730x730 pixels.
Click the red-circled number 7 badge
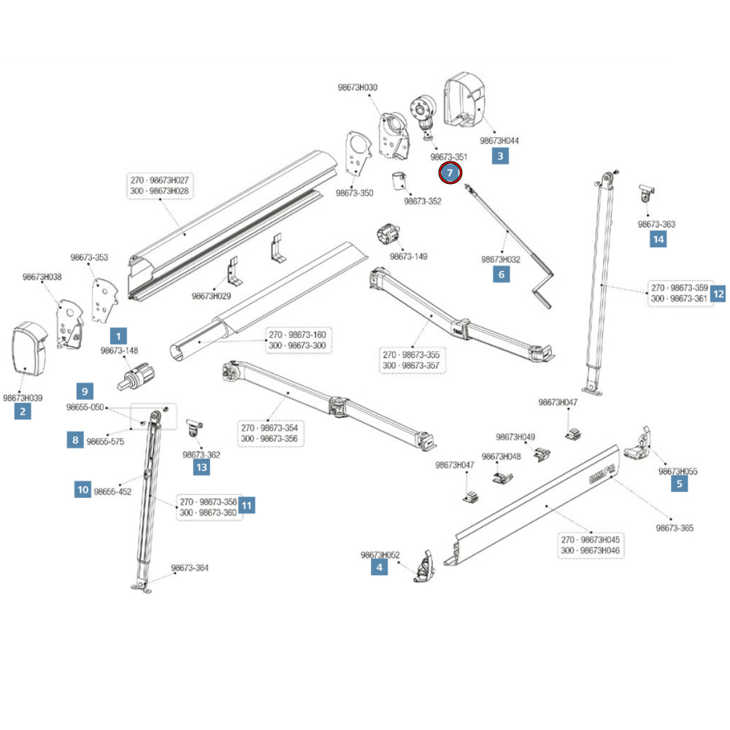[450, 173]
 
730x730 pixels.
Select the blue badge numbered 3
[500, 155]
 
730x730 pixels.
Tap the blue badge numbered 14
[658, 239]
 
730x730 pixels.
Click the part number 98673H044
[500, 140]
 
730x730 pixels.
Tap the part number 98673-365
[675, 528]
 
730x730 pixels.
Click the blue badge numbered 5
[680, 483]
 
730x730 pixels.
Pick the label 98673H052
[380, 555]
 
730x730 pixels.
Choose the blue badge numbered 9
[85, 391]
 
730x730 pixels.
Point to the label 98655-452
[112, 491]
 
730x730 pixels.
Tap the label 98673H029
[212, 296]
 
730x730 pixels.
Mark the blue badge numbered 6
[501, 274]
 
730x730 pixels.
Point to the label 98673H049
[515, 437]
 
